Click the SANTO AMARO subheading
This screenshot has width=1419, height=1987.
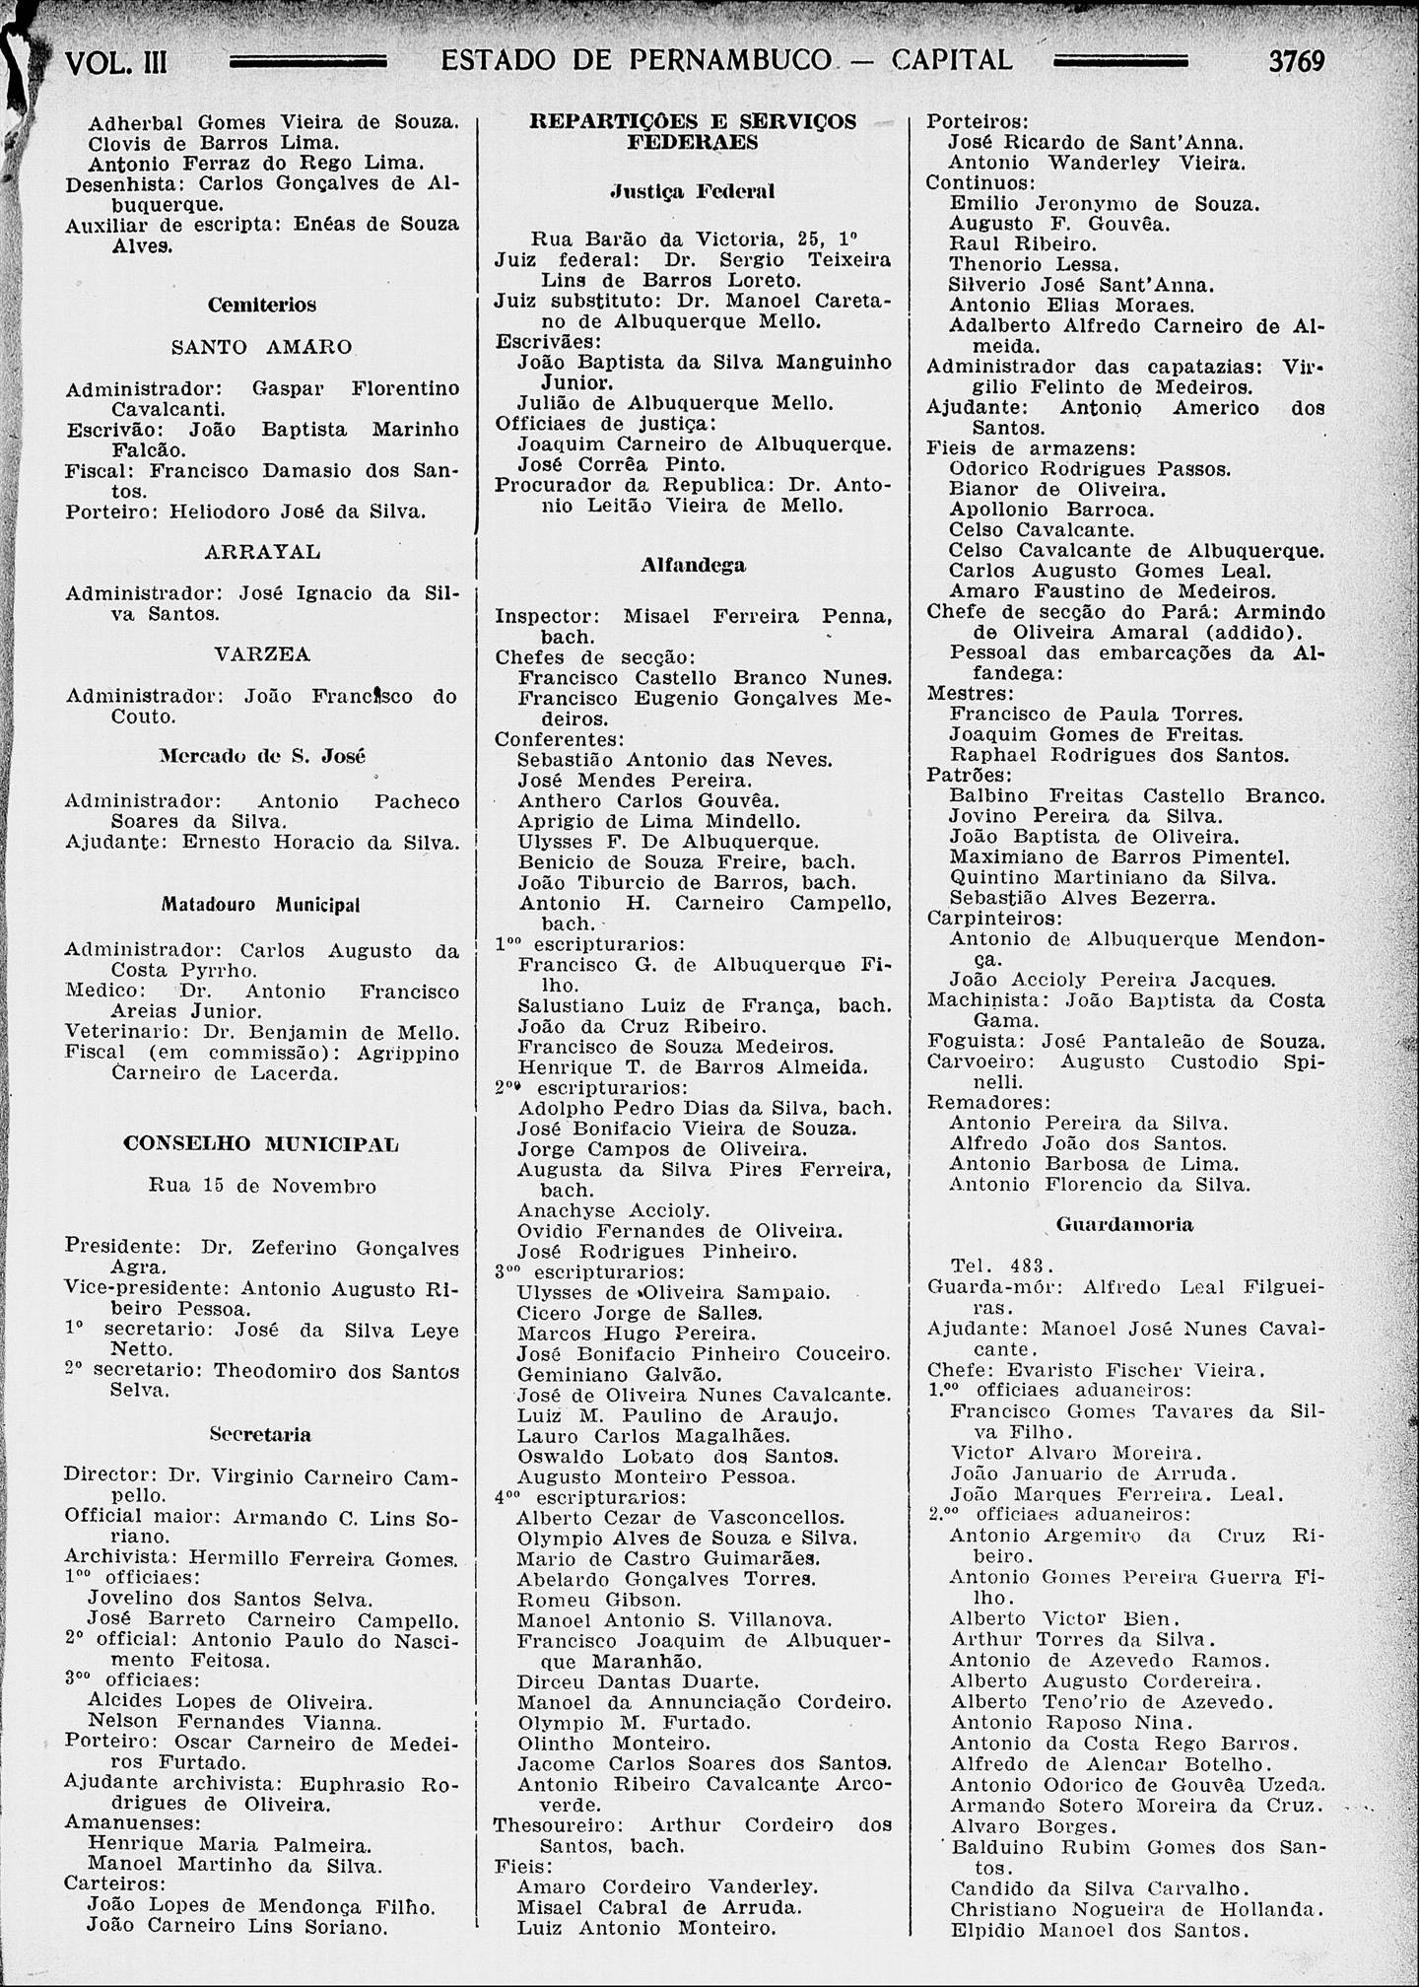tap(261, 348)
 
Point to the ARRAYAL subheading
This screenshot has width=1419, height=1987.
tap(262, 552)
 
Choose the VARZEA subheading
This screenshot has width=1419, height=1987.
tap(262, 654)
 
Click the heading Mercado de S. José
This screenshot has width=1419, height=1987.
tap(262, 757)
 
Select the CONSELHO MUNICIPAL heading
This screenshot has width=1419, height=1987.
tap(261, 1145)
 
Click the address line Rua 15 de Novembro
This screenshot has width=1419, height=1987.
tap(262, 1187)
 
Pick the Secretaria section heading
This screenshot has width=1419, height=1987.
tap(261, 1435)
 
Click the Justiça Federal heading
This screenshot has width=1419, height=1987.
tap(692, 191)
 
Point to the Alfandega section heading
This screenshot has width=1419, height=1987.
tap(693, 566)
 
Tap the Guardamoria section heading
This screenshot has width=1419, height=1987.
tap(1124, 1225)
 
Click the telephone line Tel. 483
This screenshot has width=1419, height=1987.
tap(1003, 1266)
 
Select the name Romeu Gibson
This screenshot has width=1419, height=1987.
tap(599, 1599)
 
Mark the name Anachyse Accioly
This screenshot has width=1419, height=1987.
tap(614, 1210)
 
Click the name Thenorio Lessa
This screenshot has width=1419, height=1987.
tap(1021, 265)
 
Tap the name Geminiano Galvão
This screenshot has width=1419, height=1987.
tap(619, 1374)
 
